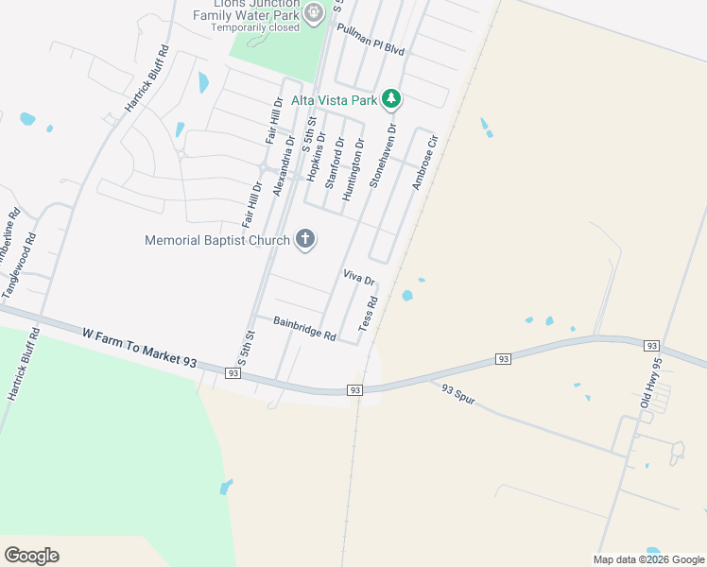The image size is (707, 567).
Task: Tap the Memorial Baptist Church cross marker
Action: point(304,239)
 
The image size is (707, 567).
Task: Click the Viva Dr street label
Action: point(359,278)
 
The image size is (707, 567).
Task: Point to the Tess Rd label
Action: point(368,314)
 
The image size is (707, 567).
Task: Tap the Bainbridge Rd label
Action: point(304,329)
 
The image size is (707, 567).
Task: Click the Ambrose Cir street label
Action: point(426,163)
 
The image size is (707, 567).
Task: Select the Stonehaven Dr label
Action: point(383,155)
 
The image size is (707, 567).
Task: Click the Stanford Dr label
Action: point(333,163)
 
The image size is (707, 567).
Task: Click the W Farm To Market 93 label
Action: point(140,348)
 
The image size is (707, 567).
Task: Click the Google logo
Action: point(31,555)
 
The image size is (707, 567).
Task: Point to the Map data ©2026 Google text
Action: point(647,559)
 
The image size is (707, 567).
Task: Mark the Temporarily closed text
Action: point(254,27)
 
